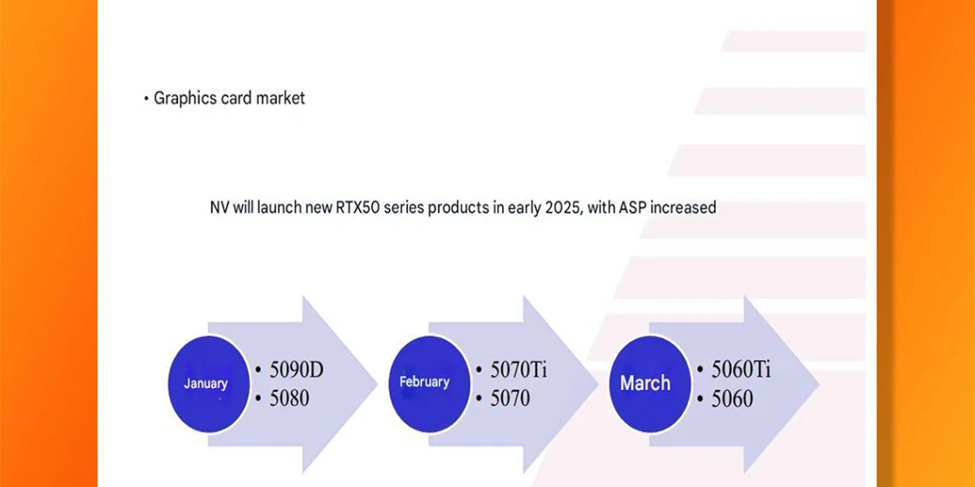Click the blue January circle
click(206, 384)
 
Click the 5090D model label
click(297, 370)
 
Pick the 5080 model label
click(289, 398)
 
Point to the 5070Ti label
click(518, 370)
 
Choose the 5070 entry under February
click(510, 398)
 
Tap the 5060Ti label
click(742, 370)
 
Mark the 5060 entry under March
click(732, 398)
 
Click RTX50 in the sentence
click(358, 208)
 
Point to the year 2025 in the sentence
click(563, 208)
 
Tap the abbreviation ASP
click(633, 208)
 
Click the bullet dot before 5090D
click(258, 370)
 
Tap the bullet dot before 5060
click(700, 399)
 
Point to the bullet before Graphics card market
click(146, 99)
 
